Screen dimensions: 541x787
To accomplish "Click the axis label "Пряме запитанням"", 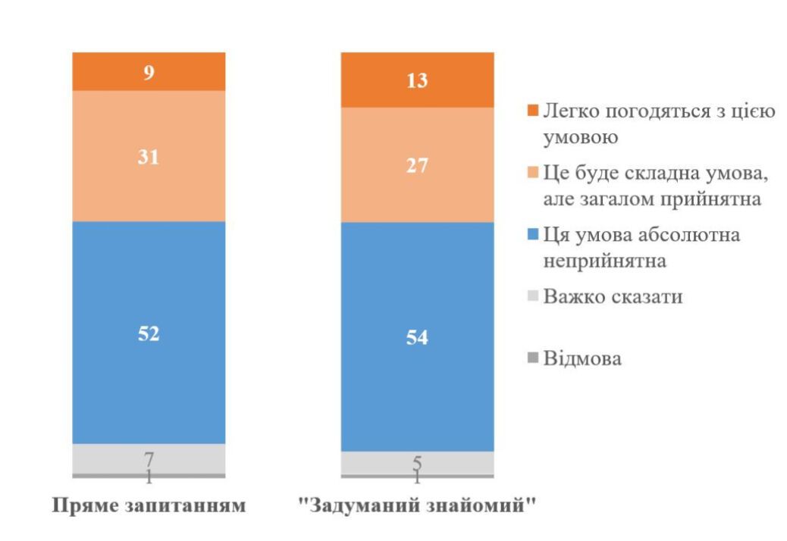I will (149, 505).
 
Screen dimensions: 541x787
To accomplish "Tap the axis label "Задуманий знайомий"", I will (418, 505).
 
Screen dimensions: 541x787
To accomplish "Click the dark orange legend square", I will (532, 112).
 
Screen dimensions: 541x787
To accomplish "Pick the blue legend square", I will (532, 236).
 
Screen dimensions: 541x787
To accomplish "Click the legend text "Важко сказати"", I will (613, 296).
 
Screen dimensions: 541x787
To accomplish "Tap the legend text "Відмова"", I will (582, 358).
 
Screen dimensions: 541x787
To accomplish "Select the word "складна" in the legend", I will (664, 174).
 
